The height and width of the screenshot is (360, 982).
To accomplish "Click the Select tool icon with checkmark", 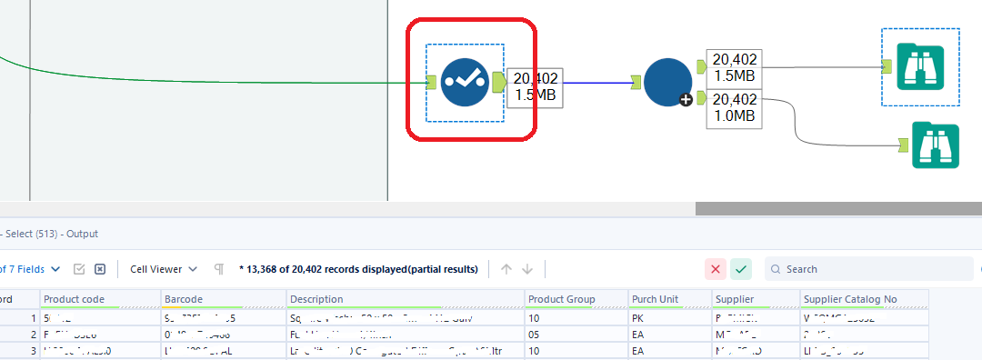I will click(x=465, y=83).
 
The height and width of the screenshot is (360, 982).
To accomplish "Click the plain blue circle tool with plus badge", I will click(x=667, y=83).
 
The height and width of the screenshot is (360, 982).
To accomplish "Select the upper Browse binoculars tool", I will click(x=919, y=65).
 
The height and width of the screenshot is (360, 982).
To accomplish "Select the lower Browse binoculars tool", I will click(x=935, y=145).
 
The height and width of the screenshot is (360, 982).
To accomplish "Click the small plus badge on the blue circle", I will click(x=686, y=99).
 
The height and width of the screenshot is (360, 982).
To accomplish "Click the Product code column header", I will click(x=75, y=299).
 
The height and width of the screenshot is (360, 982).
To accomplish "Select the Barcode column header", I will click(x=184, y=299).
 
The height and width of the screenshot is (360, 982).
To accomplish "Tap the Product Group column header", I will click(x=563, y=299).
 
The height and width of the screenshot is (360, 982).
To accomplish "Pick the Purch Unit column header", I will click(x=656, y=299).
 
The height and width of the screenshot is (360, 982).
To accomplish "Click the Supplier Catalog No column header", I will click(x=851, y=299).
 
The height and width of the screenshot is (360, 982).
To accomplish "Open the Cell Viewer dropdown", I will click(x=164, y=269).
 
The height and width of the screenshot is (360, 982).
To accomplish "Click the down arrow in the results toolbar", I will click(x=527, y=269).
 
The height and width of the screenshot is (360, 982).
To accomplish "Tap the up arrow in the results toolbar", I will click(x=506, y=269).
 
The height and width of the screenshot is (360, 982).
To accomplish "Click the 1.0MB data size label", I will click(x=734, y=115).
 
